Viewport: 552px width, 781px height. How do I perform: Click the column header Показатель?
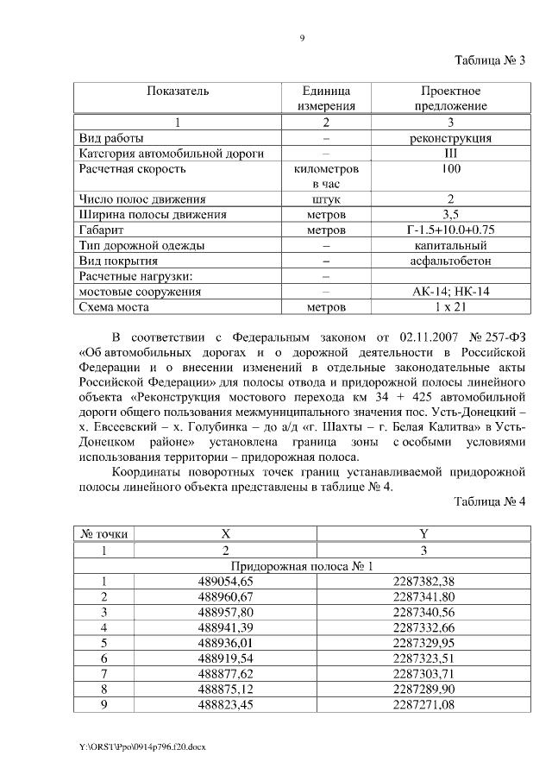click(x=177, y=91)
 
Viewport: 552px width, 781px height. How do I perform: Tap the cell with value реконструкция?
click(x=450, y=137)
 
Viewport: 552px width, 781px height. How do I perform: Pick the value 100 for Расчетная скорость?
click(x=450, y=169)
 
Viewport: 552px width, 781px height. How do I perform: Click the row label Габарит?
click(x=102, y=230)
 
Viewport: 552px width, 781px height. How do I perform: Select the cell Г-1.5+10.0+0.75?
click(x=449, y=230)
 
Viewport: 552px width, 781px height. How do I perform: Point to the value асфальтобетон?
click(x=450, y=261)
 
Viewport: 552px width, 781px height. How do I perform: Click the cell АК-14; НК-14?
click(x=450, y=292)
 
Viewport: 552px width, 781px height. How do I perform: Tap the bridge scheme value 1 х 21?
click(x=450, y=307)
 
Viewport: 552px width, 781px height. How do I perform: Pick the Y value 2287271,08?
click(x=423, y=706)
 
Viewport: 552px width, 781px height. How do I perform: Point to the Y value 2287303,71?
click(x=423, y=675)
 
